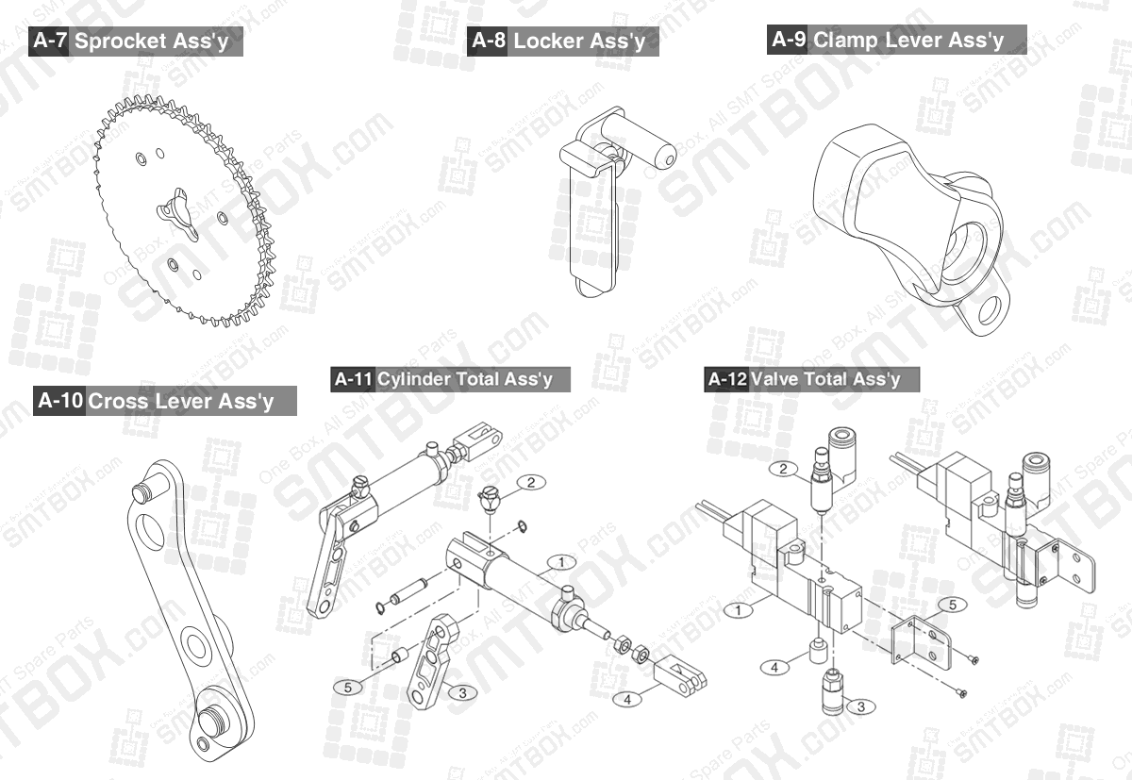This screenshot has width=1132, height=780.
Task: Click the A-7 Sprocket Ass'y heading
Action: coord(136,41)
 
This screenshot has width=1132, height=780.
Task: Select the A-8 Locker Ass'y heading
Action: coord(563,41)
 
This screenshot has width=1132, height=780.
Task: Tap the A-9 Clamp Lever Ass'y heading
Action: coord(897,40)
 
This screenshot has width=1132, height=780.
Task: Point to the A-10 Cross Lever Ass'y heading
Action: coord(164,401)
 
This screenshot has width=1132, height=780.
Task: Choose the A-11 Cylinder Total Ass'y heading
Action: coord(451,379)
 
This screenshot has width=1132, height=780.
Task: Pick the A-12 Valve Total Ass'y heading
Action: coord(811,379)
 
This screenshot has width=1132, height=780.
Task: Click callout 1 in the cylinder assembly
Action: coord(560,562)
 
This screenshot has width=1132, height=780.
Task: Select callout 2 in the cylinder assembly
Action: coord(531,482)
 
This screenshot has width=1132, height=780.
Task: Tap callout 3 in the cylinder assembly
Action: coord(461,692)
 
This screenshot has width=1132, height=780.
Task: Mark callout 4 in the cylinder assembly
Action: coord(627,699)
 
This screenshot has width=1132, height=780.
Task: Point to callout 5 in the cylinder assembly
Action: coord(348,687)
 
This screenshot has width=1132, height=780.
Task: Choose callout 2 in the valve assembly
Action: coord(783,469)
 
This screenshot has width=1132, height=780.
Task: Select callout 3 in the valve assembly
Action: coord(859,705)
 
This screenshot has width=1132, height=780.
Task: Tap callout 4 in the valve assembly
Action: coord(774,667)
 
